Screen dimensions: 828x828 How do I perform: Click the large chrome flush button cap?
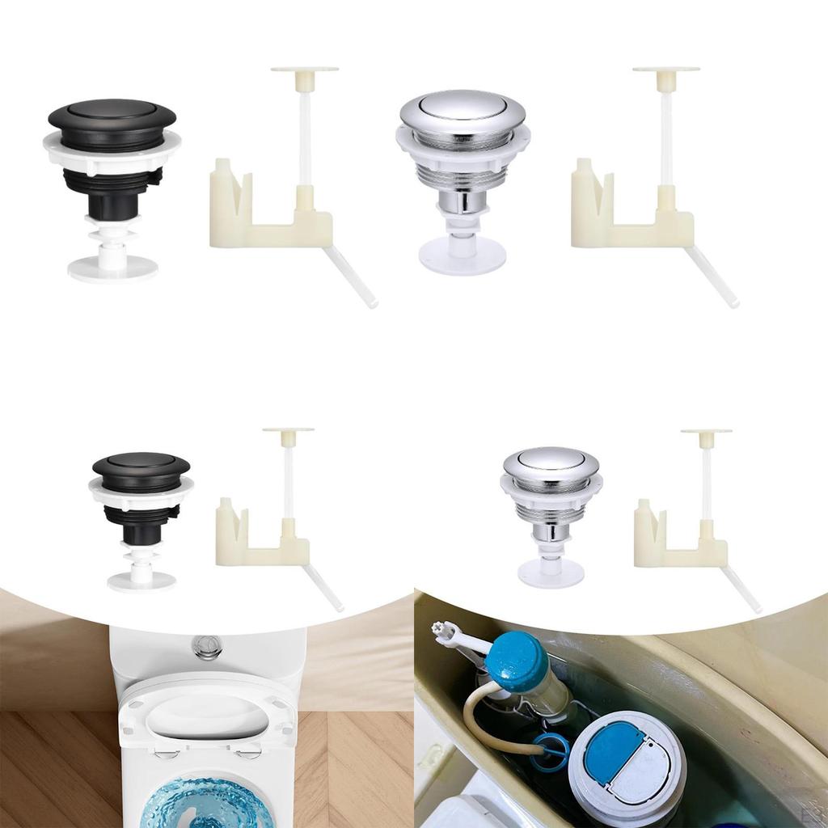tap(462, 109)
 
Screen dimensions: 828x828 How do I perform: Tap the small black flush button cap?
tap(141, 464)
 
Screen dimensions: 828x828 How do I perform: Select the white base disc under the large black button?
tap(112, 268)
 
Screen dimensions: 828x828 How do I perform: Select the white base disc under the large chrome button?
tap(462, 257)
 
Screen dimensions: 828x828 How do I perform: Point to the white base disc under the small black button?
tap(142, 581)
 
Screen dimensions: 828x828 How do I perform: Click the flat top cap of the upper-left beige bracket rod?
tap(305, 70)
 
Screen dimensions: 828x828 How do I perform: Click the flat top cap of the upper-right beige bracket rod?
tap(666, 70)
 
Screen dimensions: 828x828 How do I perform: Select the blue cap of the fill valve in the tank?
tap(517, 661)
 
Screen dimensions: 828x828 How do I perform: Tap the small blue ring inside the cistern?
tap(551, 749)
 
